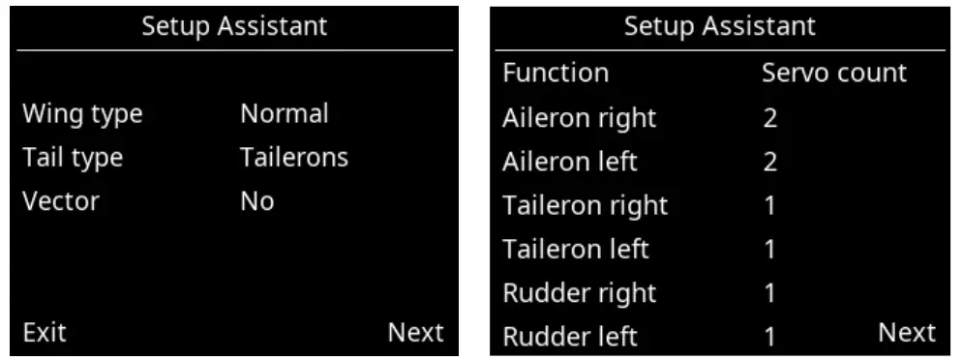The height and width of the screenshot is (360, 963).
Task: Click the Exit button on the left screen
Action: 45,333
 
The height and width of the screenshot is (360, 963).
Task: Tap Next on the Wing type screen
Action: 415,333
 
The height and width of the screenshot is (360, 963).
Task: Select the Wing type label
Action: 82,113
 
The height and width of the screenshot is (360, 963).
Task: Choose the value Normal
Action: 284,113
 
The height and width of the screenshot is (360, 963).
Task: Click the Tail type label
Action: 74,157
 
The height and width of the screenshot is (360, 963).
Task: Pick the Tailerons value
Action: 294,157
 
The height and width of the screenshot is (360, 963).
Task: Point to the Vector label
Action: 61,200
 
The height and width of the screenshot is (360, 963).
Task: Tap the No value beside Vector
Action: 257,200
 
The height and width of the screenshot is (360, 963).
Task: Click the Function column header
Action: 556,73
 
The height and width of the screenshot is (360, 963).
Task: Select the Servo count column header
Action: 834,73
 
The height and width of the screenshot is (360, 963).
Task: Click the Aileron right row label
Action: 579,118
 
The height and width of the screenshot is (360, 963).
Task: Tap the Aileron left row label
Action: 570,162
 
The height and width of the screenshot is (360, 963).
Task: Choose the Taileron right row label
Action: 585,205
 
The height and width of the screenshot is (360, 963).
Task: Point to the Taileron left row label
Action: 576,249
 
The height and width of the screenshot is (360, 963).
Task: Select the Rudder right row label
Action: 579,292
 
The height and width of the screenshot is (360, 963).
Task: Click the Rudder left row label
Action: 570,336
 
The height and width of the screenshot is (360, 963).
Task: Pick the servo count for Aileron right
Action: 770,119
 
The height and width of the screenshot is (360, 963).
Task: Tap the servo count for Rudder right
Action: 770,293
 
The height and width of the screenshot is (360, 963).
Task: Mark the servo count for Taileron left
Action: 770,250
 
